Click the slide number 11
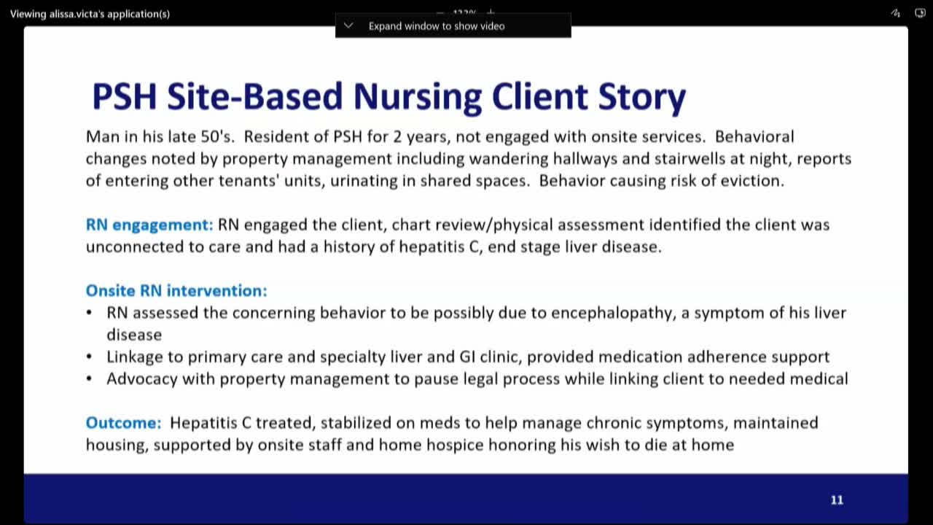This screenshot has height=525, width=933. (x=836, y=500)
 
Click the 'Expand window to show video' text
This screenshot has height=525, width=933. (x=436, y=26)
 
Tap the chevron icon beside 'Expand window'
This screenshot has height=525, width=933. (x=348, y=26)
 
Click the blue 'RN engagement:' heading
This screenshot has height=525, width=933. (x=149, y=225)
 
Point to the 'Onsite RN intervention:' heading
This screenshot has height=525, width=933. (x=176, y=291)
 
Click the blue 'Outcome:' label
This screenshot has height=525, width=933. (x=123, y=423)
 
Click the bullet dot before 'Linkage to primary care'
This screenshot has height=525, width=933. (x=90, y=357)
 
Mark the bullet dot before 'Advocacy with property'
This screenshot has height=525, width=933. (x=90, y=379)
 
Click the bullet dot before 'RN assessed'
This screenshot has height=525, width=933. (x=90, y=313)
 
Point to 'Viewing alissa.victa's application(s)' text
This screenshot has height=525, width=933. (x=90, y=13)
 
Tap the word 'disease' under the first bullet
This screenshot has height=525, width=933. (x=134, y=335)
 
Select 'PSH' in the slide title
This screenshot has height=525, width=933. (x=125, y=97)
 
